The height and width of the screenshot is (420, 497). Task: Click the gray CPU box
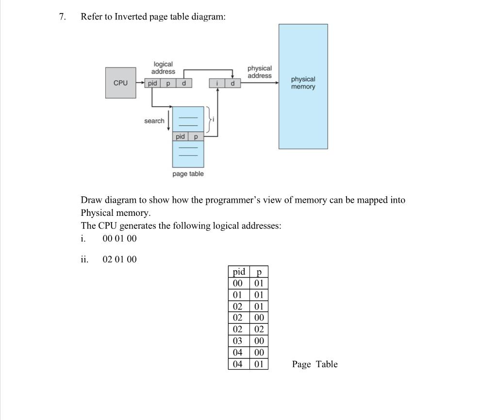click(x=120, y=83)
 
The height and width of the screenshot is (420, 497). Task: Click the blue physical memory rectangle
click(x=303, y=86)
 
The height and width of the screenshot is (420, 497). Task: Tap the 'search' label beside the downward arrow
click(x=154, y=121)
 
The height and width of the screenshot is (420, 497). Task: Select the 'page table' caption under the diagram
click(x=188, y=174)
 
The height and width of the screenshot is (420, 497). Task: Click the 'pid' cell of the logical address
click(x=152, y=83)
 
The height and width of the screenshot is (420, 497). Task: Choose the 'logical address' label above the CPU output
click(x=163, y=68)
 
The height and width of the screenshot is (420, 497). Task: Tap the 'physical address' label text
click(x=260, y=72)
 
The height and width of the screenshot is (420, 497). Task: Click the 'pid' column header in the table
click(x=239, y=271)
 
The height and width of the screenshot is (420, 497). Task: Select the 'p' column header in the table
click(x=259, y=271)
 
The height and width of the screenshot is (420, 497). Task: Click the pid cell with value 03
click(x=238, y=341)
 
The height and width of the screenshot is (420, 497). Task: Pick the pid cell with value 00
click(x=238, y=283)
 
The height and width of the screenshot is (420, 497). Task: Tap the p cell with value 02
click(x=259, y=329)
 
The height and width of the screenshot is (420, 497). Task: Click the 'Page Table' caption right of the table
click(x=315, y=364)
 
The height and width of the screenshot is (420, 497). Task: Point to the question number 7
click(x=62, y=16)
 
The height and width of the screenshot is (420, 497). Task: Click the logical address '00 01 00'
click(x=119, y=239)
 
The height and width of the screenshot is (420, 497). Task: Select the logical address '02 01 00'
click(x=119, y=259)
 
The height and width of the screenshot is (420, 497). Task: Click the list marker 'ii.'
click(x=84, y=259)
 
